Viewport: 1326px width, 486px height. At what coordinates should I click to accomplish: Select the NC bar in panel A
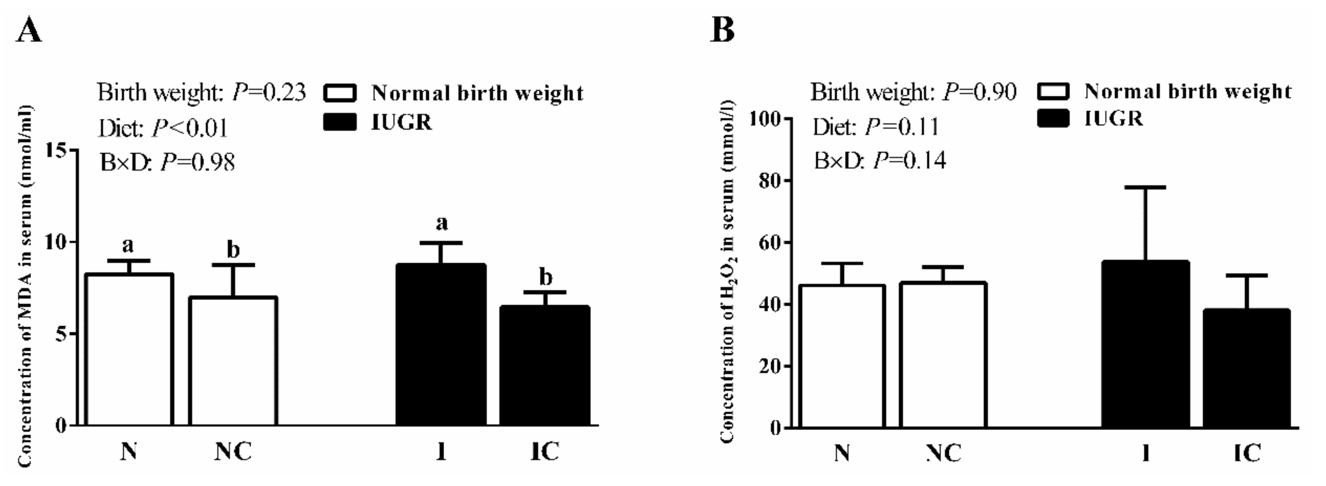click(233, 360)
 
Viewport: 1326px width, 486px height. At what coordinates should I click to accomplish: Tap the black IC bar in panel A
click(545, 366)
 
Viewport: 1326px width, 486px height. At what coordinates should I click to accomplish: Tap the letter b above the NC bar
click(234, 250)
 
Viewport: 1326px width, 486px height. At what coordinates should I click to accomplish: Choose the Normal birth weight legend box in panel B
click(1053, 92)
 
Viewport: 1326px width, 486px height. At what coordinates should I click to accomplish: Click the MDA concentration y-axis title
click(25, 286)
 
